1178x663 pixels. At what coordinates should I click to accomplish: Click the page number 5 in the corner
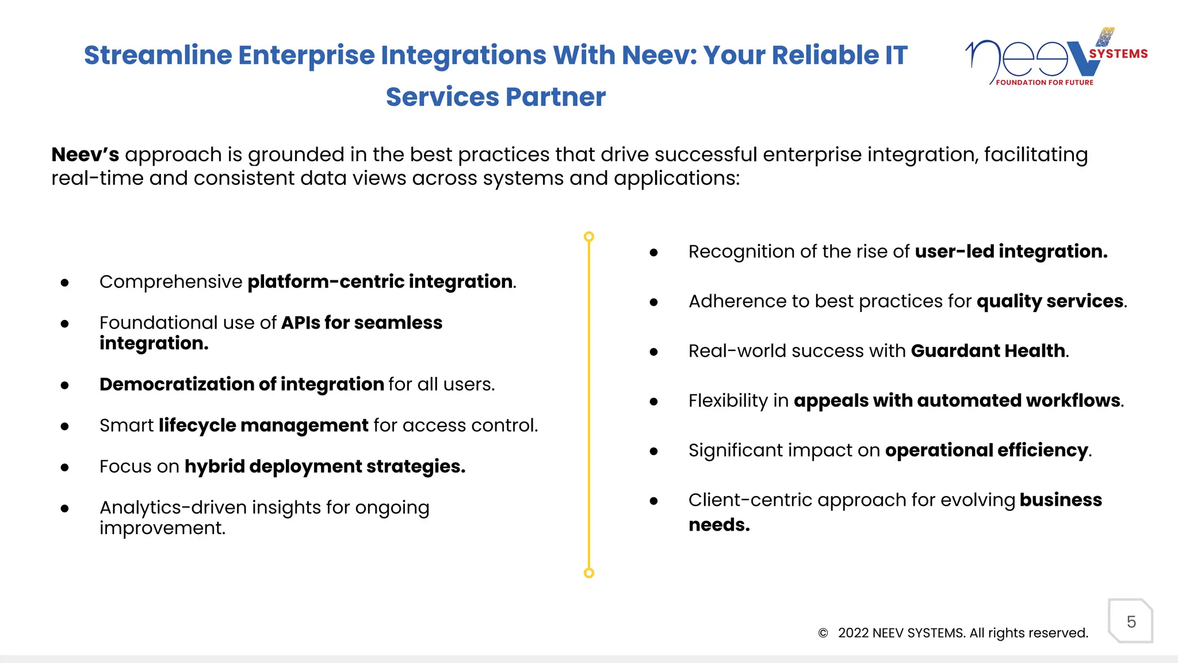[1131, 622]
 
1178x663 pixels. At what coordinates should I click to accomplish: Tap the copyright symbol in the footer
[823, 633]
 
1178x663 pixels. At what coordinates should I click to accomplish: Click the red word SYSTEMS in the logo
[1118, 54]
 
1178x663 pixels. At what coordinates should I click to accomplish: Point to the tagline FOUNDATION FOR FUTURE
[1045, 82]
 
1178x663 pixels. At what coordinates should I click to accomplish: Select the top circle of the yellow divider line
[588, 237]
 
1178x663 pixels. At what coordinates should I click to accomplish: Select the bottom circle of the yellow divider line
[588, 573]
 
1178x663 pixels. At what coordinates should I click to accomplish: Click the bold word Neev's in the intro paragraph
[85, 154]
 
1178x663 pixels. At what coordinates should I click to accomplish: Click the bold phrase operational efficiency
[986, 450]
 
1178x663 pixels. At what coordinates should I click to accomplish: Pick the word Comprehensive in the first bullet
[171, 281]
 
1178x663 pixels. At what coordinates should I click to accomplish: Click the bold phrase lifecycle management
[263, 425]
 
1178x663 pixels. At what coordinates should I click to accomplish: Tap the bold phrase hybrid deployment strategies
[324, 466]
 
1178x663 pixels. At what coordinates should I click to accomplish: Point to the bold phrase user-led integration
[1011, 252]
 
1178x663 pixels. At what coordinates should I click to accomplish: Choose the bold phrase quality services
[1050, 301]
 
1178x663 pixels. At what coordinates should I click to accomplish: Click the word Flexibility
[728, 401]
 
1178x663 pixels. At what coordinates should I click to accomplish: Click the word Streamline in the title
[158, 55]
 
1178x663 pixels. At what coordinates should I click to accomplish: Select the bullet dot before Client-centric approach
[653, 501]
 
